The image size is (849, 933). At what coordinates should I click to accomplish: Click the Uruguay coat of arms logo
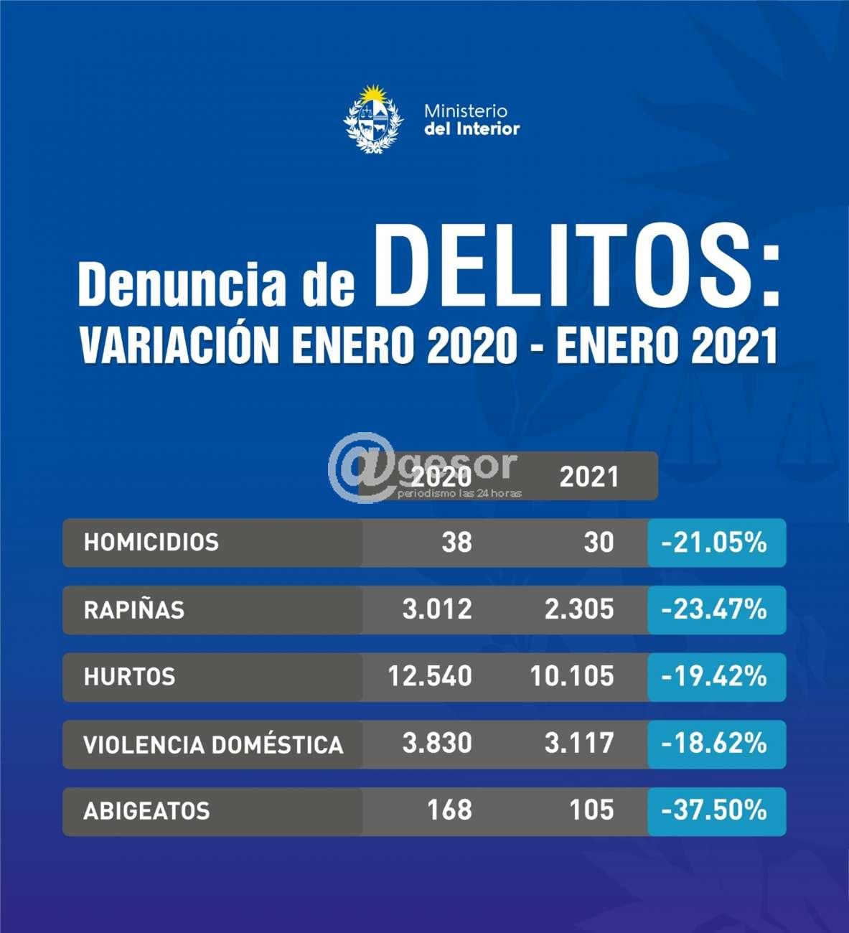point(373,119)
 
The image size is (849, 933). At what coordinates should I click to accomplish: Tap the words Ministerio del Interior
point(472,120)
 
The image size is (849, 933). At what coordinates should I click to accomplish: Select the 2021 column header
point(588,477)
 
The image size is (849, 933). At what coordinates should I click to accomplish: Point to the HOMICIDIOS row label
point(151,542)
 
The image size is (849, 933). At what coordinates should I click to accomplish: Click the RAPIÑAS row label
point(134,610)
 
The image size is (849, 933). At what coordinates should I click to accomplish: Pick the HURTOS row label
point(129,677)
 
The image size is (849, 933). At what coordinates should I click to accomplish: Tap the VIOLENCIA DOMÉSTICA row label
point(213,744)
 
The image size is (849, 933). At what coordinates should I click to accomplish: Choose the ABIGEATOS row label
point(146,811)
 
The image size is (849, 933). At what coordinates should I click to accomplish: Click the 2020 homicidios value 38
point(456,542)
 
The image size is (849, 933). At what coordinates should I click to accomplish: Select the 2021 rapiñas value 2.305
point(578,609)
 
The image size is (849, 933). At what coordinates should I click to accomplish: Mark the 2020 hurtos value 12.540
point(430,676)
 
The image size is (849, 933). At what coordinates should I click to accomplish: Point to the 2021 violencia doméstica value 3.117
point(578,744)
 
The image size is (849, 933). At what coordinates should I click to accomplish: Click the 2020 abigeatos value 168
point(449,810)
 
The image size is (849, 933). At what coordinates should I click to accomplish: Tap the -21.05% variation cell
point(714,543)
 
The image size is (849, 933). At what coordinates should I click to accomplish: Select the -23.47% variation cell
point(714,609)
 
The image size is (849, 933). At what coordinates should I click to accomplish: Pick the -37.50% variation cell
point(714,810)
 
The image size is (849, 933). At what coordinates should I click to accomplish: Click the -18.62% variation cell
point(714,744)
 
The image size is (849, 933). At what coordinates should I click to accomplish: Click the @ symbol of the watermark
point(361,467)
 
